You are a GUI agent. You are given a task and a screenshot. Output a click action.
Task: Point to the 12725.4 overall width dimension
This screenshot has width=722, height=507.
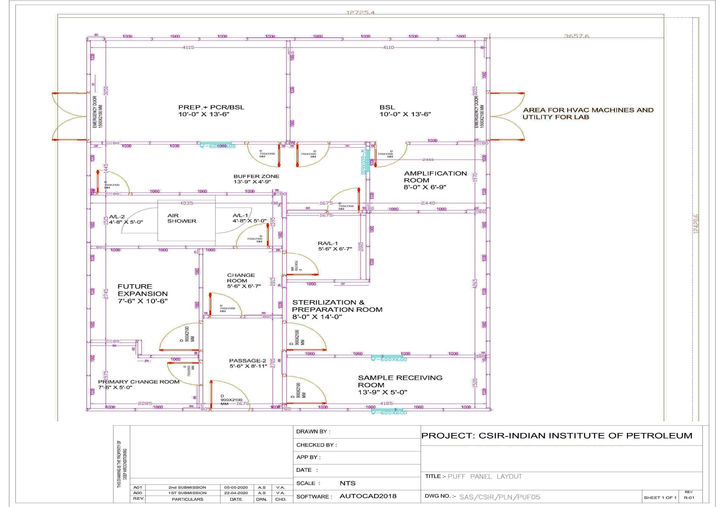360,12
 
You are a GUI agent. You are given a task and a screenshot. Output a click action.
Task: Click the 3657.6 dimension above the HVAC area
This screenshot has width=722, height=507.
576,36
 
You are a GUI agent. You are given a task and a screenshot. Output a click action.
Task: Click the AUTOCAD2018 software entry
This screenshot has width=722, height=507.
368,496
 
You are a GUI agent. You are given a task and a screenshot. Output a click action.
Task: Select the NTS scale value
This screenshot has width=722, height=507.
347,483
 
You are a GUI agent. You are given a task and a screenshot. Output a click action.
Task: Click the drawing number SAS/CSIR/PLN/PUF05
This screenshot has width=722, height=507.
499,496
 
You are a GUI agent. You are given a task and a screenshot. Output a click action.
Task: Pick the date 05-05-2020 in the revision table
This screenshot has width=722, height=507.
236,487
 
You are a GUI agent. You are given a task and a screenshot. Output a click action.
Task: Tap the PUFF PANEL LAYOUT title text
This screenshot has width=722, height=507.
484,476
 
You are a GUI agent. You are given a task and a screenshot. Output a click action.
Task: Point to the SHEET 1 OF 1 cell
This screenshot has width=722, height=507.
659,497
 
